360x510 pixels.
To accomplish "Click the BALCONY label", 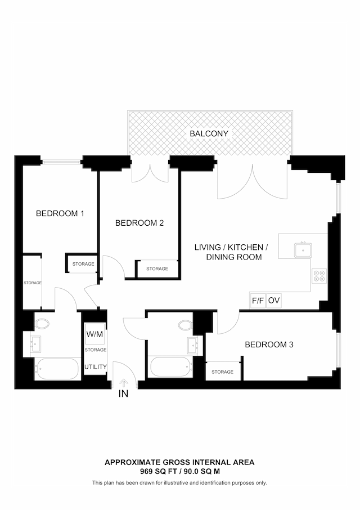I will (x=209, y=133).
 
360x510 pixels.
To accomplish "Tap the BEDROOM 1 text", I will (x=60, y=213).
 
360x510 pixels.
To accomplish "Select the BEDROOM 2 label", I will (x=139, y=223).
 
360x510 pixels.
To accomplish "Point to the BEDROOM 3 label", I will (x=269, y=345).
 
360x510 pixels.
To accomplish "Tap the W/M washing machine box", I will (x=95, y=334).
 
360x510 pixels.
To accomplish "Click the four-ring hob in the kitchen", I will (x=319, y=276).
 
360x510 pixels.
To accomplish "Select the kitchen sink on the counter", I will (x=303, y=248).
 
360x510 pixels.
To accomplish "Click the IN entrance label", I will (x=123, y=394).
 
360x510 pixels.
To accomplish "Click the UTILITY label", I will (x=96, y=367).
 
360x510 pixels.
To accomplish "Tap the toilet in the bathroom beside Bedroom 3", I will (x=185, y=325).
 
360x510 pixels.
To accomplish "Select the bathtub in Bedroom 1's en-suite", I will (x=56, y=369).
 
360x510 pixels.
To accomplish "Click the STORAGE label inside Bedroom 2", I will (x=157, y=269).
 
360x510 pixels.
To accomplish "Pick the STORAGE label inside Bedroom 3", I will (x=222, y=372).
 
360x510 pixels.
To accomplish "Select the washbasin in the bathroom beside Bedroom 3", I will (x=193, y=343).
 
